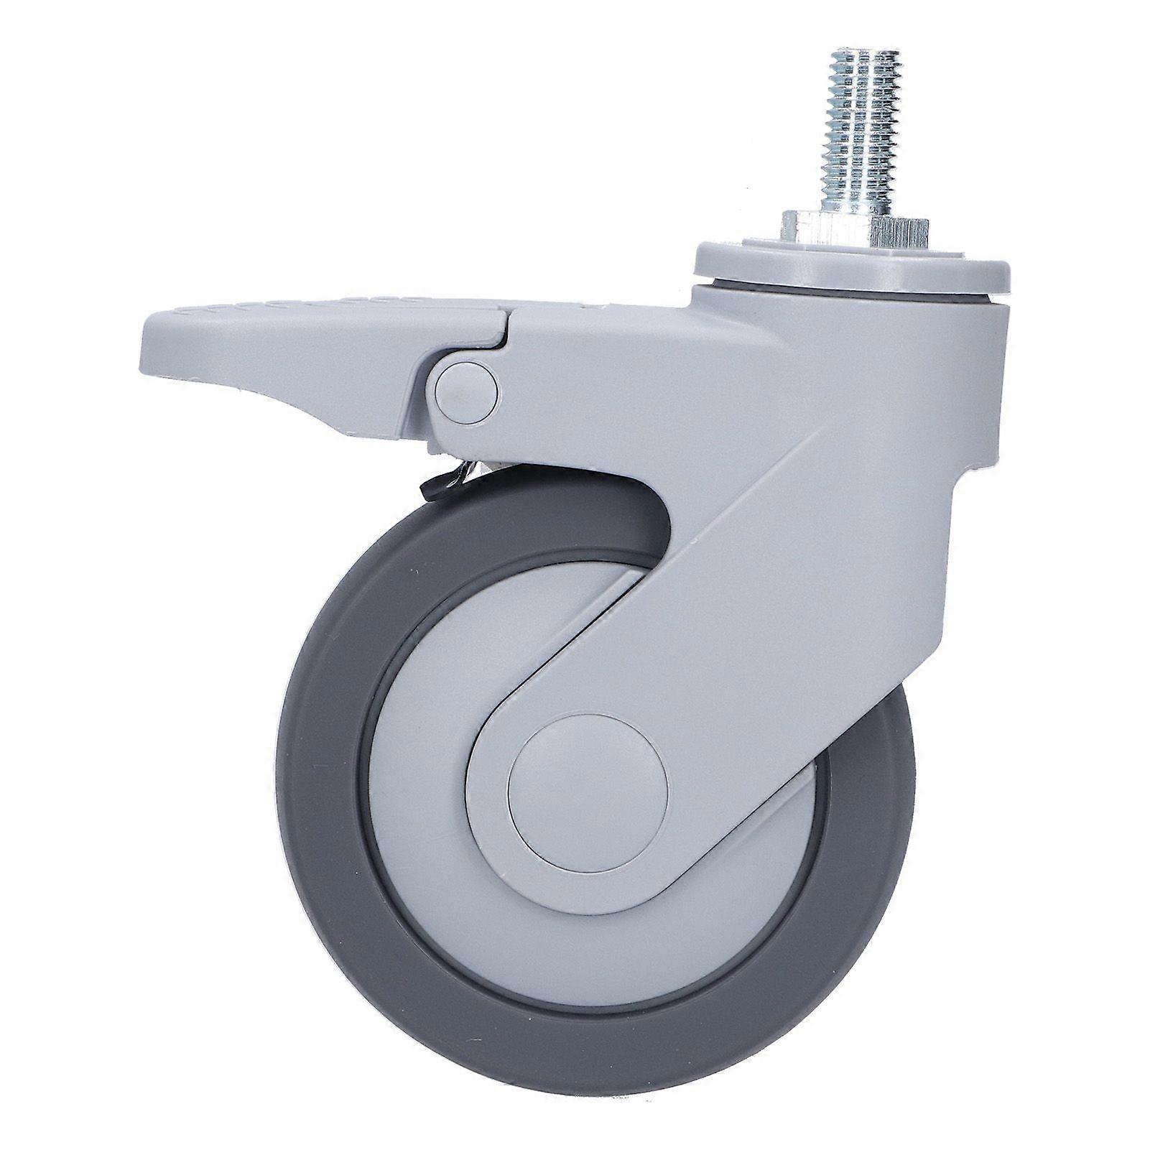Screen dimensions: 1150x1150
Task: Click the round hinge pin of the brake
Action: pyautogui.click(x=466, y=389)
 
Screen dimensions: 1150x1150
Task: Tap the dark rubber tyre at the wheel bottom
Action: pyautogui.click(x=596, y=1034)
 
